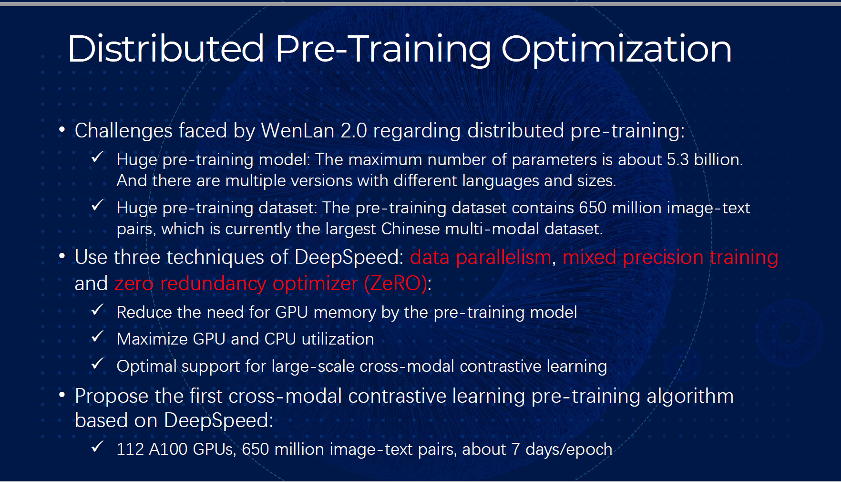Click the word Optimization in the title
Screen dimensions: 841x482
click(616, 50)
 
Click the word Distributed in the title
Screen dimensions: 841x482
click(166, 49)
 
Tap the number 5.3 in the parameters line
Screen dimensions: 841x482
click(677, 159)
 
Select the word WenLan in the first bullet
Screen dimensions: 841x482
click(297, 130)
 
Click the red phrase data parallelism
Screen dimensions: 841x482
click(481, 257)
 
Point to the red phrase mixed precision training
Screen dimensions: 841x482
click(670, 258)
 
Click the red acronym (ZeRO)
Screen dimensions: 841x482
click(396, 283)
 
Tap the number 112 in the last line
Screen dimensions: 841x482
click(130, 449)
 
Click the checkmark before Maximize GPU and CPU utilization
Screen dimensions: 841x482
click(98, 336)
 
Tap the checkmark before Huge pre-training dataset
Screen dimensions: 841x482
click(98, 205)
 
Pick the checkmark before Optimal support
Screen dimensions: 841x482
click(98, 364)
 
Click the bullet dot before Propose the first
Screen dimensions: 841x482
click(62, 395)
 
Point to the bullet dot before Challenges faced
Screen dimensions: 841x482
click(62, 129)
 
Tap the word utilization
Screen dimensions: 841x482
click(338, 339)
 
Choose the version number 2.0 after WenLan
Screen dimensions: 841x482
click(354, 130)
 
